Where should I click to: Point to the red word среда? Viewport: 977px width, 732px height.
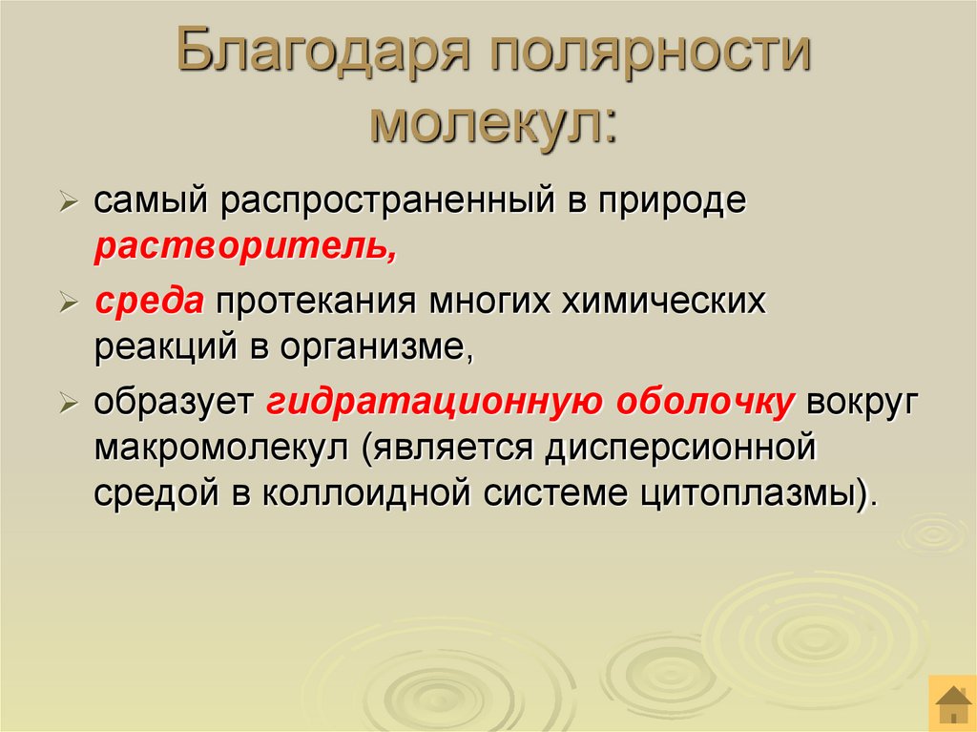point(149,303)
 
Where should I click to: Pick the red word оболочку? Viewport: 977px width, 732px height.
point(704,404)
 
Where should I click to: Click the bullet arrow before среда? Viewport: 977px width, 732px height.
point(70,304)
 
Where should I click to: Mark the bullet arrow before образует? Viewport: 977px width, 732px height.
point(70,405)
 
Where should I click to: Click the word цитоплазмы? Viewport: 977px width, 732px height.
point(758,495)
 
